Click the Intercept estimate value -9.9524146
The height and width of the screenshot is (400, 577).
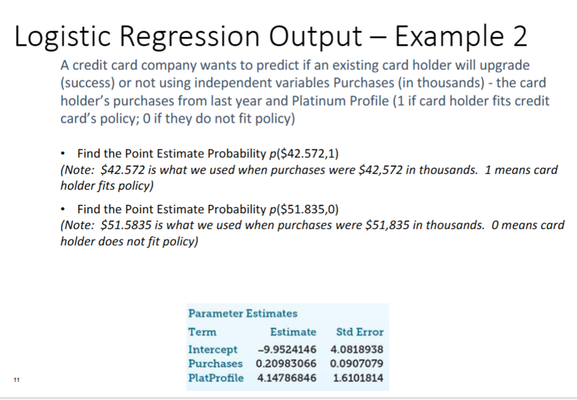tap(287, 349)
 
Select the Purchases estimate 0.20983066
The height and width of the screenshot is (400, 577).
tap(286, 363)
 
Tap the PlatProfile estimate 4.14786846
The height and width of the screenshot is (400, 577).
tap(286, 378)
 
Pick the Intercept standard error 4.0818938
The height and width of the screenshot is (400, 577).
tap(357, 349)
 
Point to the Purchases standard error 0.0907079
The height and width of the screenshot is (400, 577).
tap(357, 363)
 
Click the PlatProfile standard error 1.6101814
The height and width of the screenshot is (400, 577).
tap(358, 378)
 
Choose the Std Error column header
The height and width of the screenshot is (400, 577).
tap(360, 332)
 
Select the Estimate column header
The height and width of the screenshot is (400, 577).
tap(293, 332)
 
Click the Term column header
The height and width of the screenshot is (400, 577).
tap(202, 332)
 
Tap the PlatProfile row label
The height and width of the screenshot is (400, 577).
tap(216, 378)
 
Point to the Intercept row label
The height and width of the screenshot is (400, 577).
tap(213, 349)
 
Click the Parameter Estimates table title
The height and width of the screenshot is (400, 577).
tap(243, 313)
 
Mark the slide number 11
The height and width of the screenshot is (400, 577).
tap(17, 380)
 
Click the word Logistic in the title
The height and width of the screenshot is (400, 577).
tap(62, 36)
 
